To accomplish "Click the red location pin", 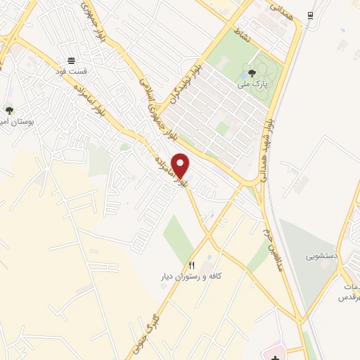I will [181, 165].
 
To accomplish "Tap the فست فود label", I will [71, 71].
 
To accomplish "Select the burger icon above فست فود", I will [71, 60].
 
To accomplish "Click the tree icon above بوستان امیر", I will [9, 110].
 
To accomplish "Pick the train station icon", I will [310, 15].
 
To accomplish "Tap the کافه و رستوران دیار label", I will [189, 276].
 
